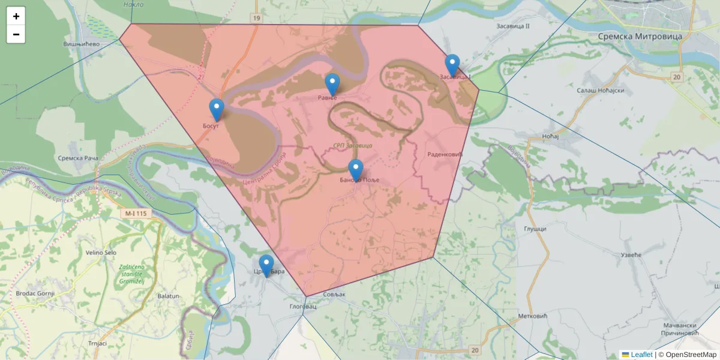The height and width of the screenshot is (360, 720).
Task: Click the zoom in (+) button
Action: (16, 16)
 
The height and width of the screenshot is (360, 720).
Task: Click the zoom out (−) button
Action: (16, 34)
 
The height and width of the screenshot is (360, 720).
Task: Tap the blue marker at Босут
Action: (217, 110)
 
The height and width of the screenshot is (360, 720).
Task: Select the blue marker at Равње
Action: (332, 85)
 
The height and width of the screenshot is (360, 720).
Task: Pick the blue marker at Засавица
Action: (452, 65)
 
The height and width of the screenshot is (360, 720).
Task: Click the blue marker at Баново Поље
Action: (356, 170)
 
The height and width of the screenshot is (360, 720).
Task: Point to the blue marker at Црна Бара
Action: (266, 266)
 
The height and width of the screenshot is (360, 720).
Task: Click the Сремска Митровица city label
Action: (640, 37)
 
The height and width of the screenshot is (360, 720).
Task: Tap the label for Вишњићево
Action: (81, 44)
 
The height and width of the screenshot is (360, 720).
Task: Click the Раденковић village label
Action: (445, 155)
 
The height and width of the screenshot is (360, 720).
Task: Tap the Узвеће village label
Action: (630, 255)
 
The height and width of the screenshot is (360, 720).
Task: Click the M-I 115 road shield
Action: (136, 213)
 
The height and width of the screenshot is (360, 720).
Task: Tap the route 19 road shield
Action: (257, 19)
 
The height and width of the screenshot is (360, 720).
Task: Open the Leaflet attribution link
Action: (641, 355)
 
